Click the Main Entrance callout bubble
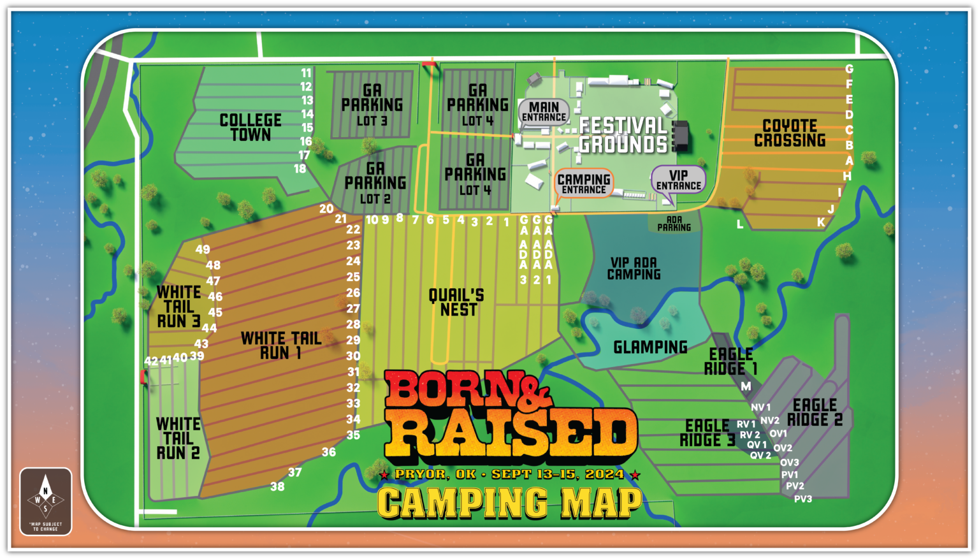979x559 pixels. coord(544,112)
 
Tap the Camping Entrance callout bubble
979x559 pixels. coord(584,184)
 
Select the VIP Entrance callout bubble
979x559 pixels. coord(678,180)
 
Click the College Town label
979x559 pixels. coord(250,127)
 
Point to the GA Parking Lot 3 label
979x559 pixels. coord(372,105)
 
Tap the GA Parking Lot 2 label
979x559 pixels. coord(375,183)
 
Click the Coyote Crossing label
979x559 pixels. coord(790,133)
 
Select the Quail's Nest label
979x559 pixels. coord(457,302)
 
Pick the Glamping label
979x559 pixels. coord(650,347)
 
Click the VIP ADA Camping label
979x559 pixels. coord(634,268)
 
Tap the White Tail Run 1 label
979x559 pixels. coord(280,345)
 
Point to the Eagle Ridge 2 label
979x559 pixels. coord(815,412)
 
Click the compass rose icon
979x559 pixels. coord(45,500)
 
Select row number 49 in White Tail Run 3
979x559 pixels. coord(203,250)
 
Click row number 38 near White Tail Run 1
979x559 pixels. coord(277,487)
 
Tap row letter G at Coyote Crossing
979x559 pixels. coord(849,69)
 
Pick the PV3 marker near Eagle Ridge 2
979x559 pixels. coord(803,499)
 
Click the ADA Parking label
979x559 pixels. coord(674,224)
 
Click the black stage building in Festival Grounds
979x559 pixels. coord(681,136)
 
